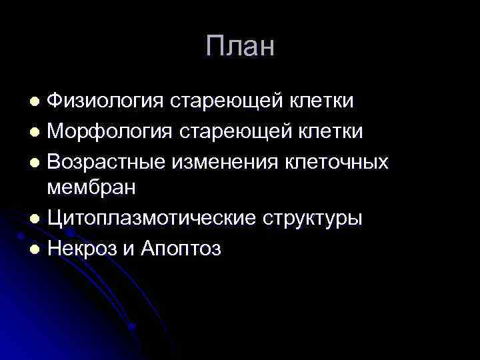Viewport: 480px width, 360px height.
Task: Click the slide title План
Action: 240,46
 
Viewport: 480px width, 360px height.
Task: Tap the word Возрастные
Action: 107,160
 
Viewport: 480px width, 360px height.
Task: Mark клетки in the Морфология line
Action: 331,131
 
